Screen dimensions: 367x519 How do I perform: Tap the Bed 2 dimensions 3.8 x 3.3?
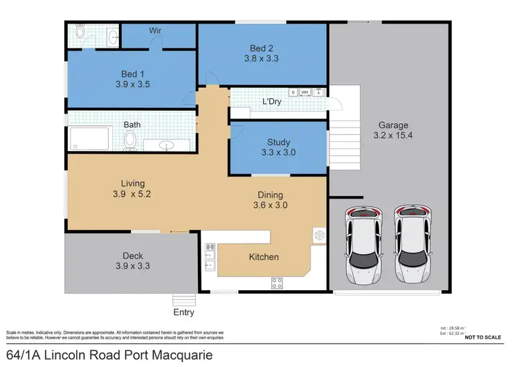[x=262, y=60]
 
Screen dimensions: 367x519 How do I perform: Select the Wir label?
[x=156, y=30]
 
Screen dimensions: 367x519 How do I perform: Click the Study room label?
[x=277, y=141]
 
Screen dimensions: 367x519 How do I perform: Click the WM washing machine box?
[x=304, y=92]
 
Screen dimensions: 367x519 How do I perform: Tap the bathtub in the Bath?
[x=89, y=140]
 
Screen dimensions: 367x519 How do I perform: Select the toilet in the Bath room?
[x=129, y=141]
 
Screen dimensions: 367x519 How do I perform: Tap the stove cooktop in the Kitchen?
[x=277, y=282]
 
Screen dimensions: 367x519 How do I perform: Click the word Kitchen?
[x=264, y=257]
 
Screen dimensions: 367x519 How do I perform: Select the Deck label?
[x=132, y=256]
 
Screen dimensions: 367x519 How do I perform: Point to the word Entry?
[x=183, y=312]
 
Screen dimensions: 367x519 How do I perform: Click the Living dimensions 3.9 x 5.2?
[x=132, y=195]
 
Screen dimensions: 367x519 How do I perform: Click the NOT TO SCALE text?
[x=484, y=337]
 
